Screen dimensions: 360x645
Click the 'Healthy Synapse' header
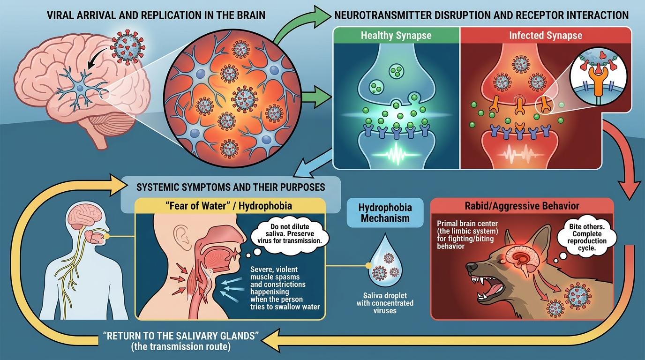pyautogui.click(x=397, y=36)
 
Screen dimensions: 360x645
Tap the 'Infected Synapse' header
pyautogui.click(x=546, y=36)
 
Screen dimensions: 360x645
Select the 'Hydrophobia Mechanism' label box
pyautogui.click(x=384, y=213)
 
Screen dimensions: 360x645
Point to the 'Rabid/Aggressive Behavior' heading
pyautogui.click(x=522, y=206)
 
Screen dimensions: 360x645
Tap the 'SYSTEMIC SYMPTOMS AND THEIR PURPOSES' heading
pyautogui.click(x=230, y=187)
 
